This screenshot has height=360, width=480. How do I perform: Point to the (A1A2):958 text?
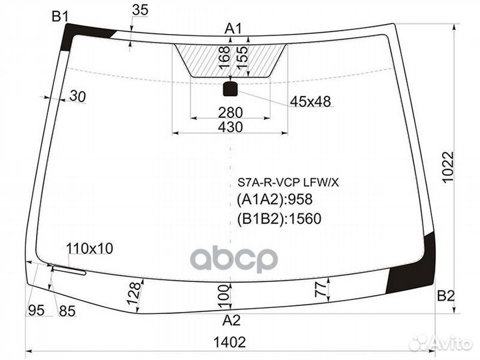pos(275,199)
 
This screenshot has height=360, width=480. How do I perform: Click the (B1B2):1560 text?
pos(279,217)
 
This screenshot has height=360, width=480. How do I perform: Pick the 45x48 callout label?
pos(310,101)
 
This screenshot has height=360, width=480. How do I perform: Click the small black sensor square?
pos(230,89)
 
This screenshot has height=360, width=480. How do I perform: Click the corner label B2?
pos(445,296)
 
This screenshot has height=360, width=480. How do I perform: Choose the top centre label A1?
pos(233,28)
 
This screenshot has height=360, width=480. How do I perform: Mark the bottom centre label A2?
pos(231,320)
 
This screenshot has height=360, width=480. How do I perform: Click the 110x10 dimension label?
pos(90,249)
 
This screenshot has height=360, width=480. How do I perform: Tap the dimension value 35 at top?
pos(140,9)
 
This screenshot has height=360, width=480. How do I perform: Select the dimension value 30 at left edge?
pos(78,97)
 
